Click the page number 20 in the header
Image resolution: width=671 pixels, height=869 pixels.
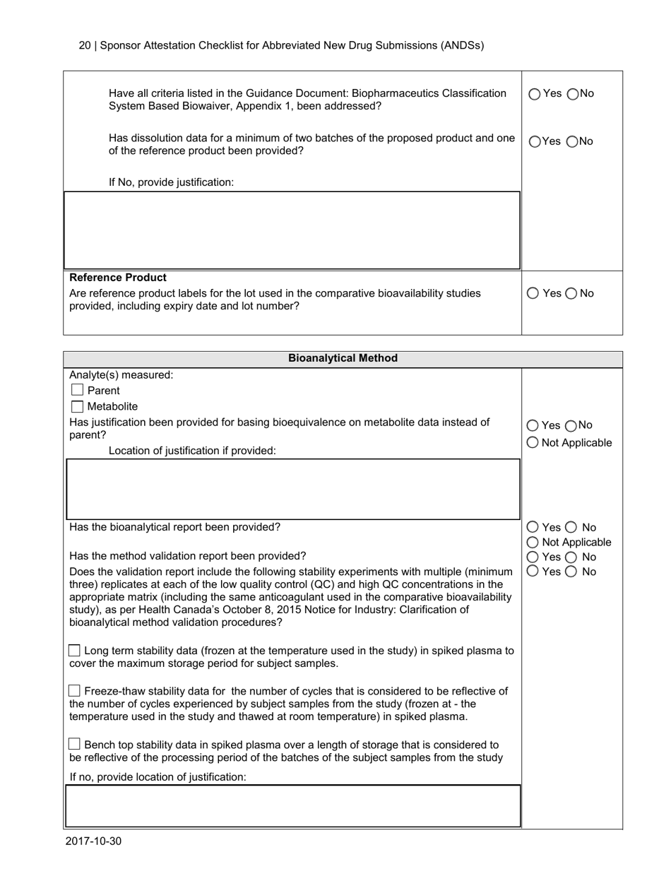[84, 45]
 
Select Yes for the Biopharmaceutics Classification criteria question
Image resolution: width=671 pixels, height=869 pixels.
[535, 93]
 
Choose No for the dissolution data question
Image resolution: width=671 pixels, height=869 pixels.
[573, 141]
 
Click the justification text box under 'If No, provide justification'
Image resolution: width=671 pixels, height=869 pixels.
[292, 230]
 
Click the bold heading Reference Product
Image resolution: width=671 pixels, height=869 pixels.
[118, 278]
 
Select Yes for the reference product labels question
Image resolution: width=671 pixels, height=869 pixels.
[533, 293]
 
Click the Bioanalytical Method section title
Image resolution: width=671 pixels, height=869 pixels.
[343, 358]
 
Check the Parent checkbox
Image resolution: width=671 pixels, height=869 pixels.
[78, 391]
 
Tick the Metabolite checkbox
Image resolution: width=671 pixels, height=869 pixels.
[78, 407]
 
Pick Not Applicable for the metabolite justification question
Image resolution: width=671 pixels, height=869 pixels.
[533, 442]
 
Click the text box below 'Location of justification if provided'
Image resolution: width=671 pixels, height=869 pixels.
[292, 489]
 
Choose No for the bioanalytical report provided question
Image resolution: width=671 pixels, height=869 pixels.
[571, 527]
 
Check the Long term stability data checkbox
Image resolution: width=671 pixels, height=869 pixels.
[75, 651]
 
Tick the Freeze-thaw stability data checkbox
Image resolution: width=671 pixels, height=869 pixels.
[75, 691]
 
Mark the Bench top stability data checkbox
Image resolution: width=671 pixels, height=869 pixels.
[75, 745]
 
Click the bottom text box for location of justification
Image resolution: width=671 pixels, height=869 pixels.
[292, 805]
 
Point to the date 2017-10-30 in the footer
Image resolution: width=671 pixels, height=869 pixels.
[93, 841]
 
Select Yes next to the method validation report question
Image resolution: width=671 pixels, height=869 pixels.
[533, 557]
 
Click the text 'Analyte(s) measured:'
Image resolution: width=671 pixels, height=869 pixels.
[121, 375]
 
